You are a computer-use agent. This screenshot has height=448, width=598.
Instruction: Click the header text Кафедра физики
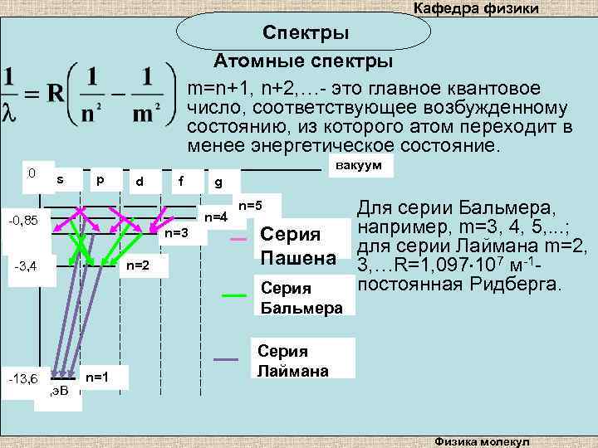tap(476, 8)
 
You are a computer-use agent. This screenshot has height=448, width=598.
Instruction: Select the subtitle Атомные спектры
tap(304, 62)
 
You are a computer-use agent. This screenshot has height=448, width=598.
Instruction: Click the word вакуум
tap(359, 166)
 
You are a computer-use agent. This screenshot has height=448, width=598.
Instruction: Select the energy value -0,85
tap(28, 222)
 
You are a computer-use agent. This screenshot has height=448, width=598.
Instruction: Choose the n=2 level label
tap(137, 265)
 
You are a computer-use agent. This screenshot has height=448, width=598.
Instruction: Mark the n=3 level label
tap(177, 233)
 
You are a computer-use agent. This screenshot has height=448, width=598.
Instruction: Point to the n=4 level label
tap(216, 217)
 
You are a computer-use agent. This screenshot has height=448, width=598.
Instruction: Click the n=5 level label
tap(250, 204)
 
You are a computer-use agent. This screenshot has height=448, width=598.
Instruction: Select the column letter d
tap(140, 181)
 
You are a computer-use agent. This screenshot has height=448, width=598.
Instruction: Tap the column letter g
tap(218, 182)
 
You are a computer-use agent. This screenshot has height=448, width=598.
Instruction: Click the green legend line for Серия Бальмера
tap(235, 295)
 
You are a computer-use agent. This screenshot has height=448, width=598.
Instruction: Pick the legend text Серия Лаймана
tap(282, 361)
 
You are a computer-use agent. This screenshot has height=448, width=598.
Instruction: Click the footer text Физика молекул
tap(487, 441)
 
